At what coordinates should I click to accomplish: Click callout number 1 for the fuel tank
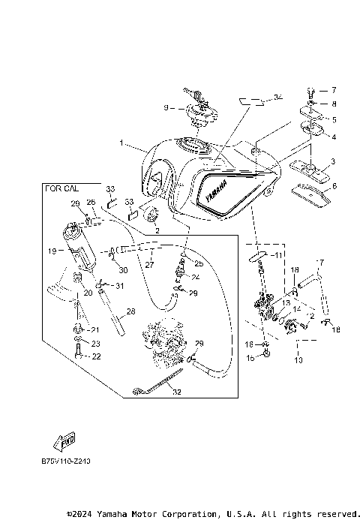(121, 142)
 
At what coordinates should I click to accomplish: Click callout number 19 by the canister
(52, 251)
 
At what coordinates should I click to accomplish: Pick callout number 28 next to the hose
(130, 311)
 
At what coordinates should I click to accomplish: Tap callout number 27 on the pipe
(149, 264)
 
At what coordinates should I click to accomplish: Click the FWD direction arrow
(67, 443)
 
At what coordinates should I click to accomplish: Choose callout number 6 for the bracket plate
(334, 185)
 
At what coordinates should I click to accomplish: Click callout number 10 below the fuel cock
(300, 360)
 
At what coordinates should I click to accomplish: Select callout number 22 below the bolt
(95, 356)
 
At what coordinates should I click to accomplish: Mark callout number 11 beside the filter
(278, 256)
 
